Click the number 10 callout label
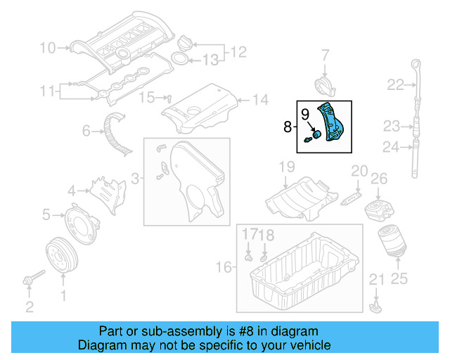coord(47,49)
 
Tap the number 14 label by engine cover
coord(260,100)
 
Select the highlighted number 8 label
coord(287,127)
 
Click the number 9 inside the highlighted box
coord(304,113)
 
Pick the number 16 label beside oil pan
coord(224,267)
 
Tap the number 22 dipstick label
coord(395,85)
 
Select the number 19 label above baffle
coord(285,167)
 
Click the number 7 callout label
coord(325,54)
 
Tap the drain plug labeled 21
coord(376,307)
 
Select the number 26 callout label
coord(379,180)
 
